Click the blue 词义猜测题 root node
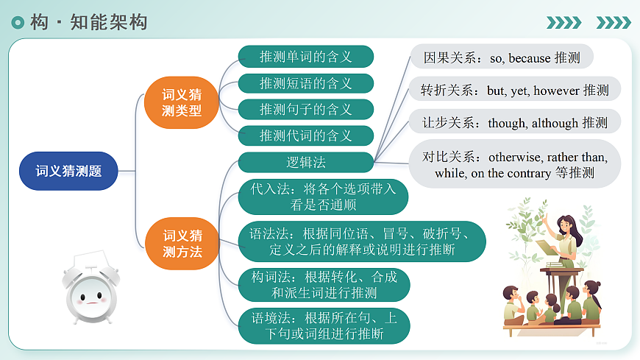pyautogui.click(x=68, y=171)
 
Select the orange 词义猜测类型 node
pyautogui.click(x=182, y=102)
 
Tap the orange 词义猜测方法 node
pyautogui.click(x=182, y=244)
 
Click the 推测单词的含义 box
pyautogui.click(x=305, y=57)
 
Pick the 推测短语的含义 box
pyautogui.click(x=305, y=83)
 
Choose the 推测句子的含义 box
pyautogui.click(x=305, y=110)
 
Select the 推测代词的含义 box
pyautogui.click(x=305, y=135)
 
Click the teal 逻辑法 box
pyautogui.click(x=305, y=162)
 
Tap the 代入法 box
pyautogui.click(x=323, y=197)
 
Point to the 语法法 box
pyautogui.click(x=362, y=241)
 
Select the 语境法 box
pyautogui.click(x=323, y=326)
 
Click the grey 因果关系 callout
pyautogui.click(x=501, y=57)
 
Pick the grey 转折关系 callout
pyautogui.click(x=514, y=90)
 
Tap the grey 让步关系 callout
pyautogui.click(x=514, y=122)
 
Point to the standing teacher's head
pyautogui.click(x=564, y=223)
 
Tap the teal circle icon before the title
pyautogui.click(x=18, y=23)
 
